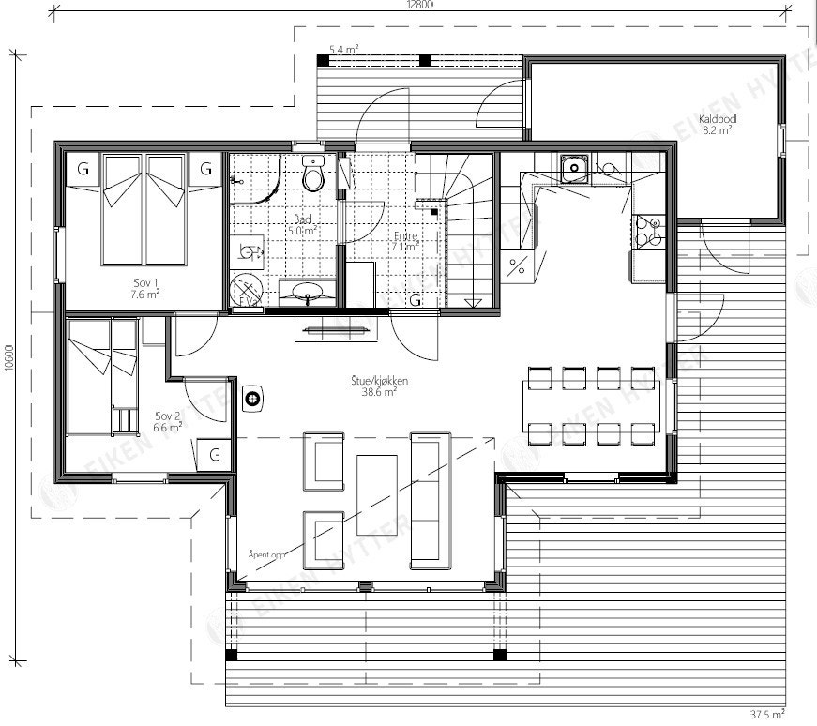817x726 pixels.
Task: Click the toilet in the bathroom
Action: [x=313, y=174]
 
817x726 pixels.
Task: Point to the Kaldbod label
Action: [x=717, y=125]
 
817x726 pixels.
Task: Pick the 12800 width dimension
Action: [x=419, y=6]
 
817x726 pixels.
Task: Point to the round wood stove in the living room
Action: [x=252, y=398]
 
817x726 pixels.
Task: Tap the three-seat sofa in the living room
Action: [x=431, y=500]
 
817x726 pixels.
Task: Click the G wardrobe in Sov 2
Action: [x=215, y=456]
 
